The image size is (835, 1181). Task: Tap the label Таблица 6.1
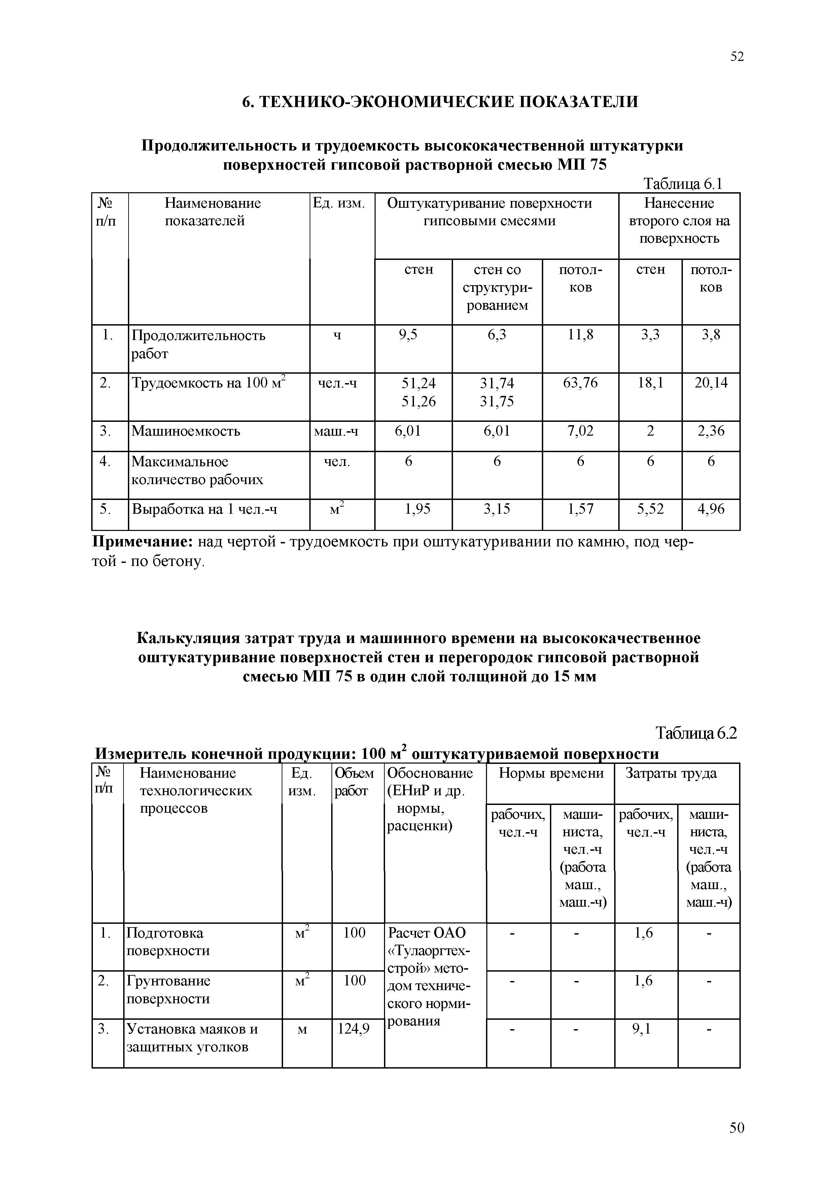click(x=683, y=183)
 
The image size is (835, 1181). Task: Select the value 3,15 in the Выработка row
click(x=497, y=509)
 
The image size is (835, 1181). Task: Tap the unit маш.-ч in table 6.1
click(x=336, y=431)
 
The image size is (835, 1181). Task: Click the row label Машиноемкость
click(x=186, y=431)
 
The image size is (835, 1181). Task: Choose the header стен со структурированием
click(x=497, y=287)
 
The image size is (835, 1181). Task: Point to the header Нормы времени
click(x=551, y=773)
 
